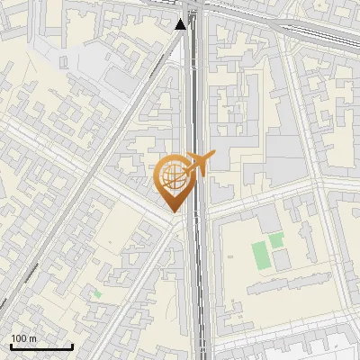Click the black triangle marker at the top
[x=182, y=23]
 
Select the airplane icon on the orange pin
[x=200, y=164]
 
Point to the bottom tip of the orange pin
[x=173, y=211]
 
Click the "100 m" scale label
[x=23, y=338]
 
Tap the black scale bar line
[x=40, y=346]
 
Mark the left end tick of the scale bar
[x=10, y=345]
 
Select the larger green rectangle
[x=261, y=255]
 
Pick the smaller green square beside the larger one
[x=276, y=240]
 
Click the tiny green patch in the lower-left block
[x=96, y=293]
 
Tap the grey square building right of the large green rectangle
[x=282, y=260]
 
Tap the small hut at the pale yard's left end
[x=64, y=62]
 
